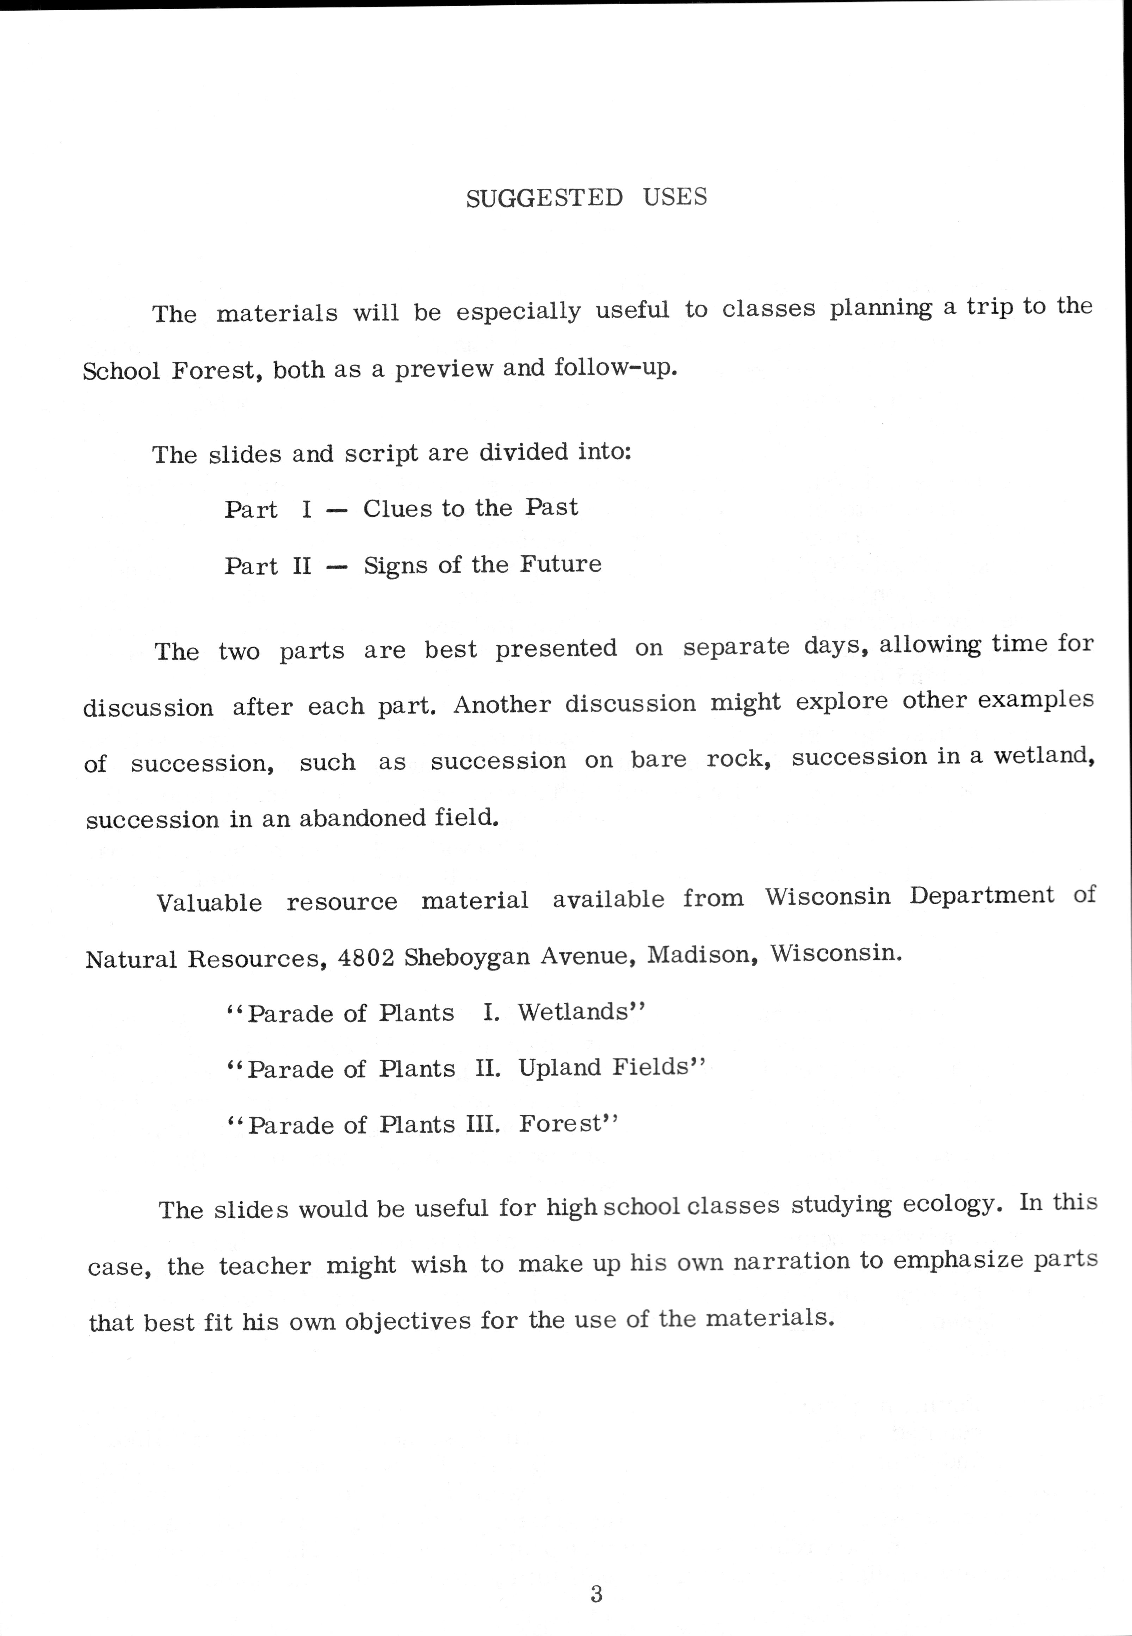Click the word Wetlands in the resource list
(581, 1012)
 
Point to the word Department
(982, 896)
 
